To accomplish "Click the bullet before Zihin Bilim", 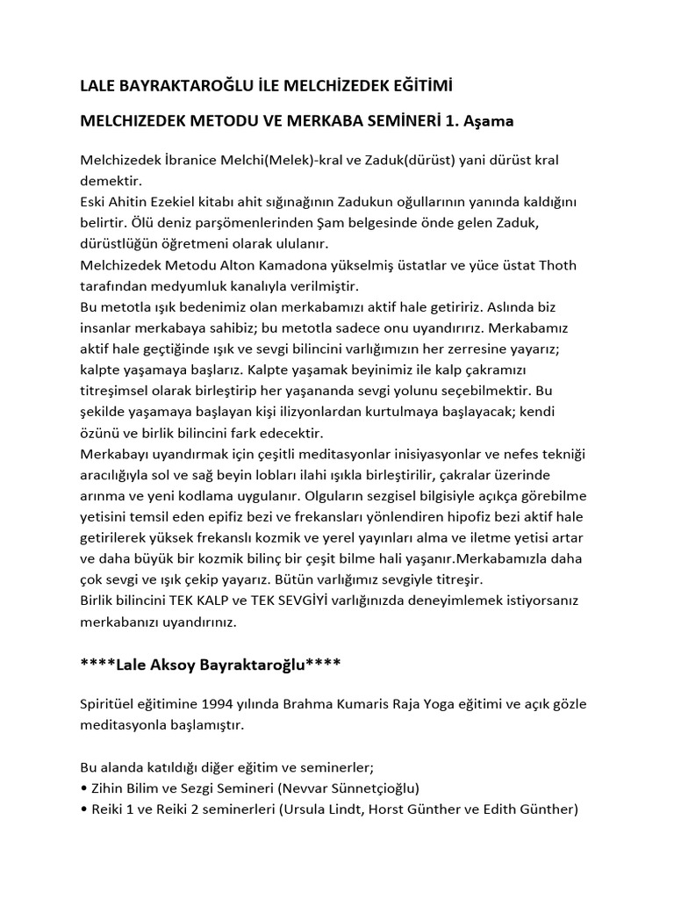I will coord(83,788).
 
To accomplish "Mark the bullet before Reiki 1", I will coord(83,809).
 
